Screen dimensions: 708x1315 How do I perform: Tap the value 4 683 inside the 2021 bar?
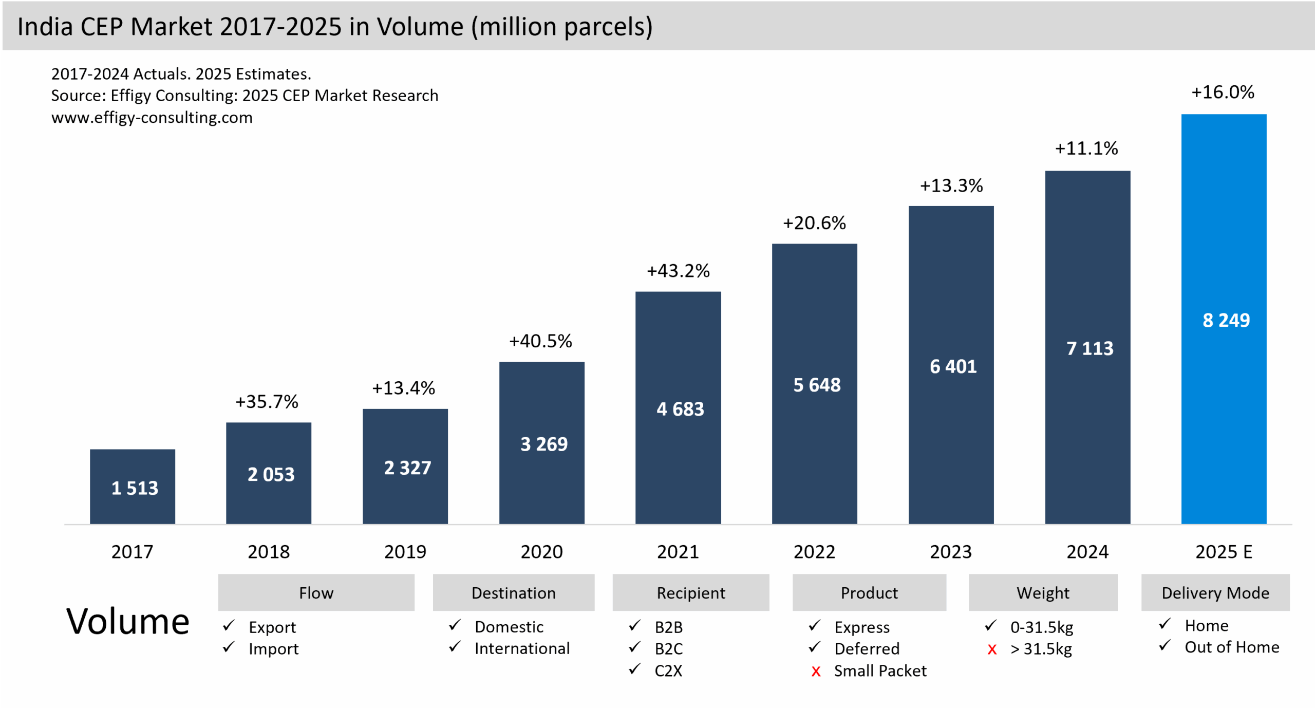click(x=680, y=409)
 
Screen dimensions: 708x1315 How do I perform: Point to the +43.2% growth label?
click(x=678, y=271)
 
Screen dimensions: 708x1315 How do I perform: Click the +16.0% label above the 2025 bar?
click(x=1223, y=92)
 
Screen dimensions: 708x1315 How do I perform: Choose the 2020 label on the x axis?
click(x=541, y=552)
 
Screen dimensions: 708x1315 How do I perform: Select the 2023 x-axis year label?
click(x=951, y=552)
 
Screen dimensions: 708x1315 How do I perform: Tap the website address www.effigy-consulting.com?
click(x=152, y=118)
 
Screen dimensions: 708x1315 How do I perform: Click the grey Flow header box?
click(x=316, y=592)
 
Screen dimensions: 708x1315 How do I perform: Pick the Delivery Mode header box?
click(x=1215, y=592)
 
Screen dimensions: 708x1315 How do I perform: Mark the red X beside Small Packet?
click(x=816, y=672)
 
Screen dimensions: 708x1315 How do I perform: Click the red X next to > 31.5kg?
click(x=992, y=650)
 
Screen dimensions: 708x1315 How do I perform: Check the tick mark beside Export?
click(x=229, y=626)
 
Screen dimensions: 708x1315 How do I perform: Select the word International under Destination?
click(x=522, y=648)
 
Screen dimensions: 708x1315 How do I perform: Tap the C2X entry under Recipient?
click(x=668, y=671)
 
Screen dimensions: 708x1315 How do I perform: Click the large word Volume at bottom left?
click(x=128, y=622)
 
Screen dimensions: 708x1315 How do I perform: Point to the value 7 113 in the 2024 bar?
click(x=1089, y=348)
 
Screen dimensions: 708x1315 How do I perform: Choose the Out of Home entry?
click(x=1232, y=647)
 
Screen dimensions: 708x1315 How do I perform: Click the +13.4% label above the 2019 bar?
click(x=403, y=388)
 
